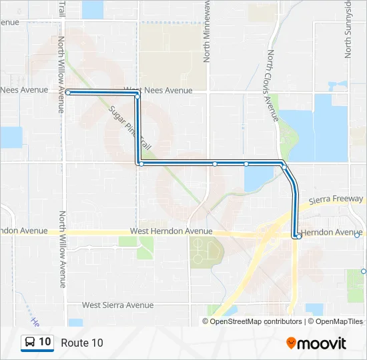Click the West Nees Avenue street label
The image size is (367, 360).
[158, 90]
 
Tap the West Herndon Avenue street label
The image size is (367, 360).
[171, 231]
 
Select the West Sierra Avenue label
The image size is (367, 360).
[117, 305]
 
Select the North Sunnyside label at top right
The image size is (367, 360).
[348, 29]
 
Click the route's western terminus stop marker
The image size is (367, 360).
[68, 92]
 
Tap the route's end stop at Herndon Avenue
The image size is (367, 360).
[298, 236]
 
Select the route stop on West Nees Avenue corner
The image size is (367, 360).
[137, 97]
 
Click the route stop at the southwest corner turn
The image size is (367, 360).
[140, 163]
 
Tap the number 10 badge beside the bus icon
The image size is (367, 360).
[45, 342]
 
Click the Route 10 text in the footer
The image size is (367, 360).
[82, 343]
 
